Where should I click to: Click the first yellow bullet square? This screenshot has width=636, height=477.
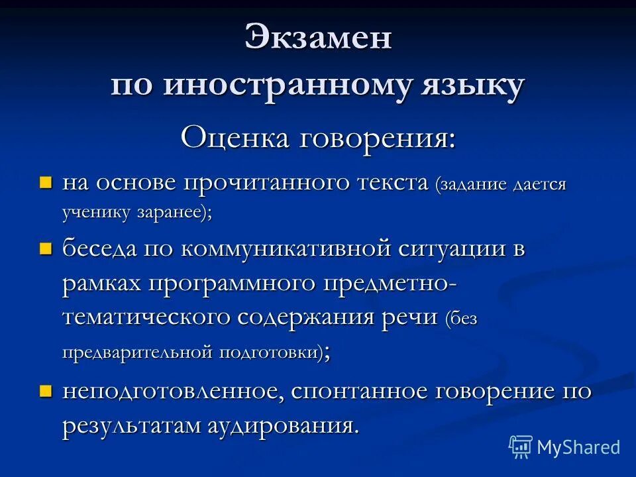point(45,182)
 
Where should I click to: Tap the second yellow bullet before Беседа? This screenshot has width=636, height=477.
point(45,249)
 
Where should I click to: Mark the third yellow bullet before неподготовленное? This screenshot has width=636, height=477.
point(45,390)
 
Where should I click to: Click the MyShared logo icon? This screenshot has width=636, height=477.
point(521,447)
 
